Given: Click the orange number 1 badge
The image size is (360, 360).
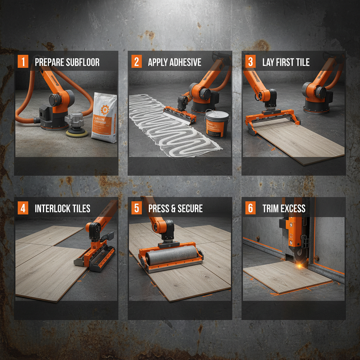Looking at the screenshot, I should coord(23,62).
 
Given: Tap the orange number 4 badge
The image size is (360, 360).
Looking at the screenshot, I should coord(23,208).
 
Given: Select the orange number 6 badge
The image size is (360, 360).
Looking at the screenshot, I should coord(250,208).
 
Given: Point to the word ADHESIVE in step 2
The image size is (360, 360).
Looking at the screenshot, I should coord(185,63).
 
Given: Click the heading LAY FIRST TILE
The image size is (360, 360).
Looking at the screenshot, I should coord(286,63).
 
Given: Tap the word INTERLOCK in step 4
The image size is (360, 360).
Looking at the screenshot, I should coord(52,208).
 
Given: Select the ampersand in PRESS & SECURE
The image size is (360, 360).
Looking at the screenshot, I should coord(173,208).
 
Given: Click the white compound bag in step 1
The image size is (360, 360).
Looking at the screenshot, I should coord(104,118).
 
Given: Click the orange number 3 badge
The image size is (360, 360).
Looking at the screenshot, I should coord(250,62).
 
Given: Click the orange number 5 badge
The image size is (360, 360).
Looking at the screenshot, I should coord(136,208).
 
